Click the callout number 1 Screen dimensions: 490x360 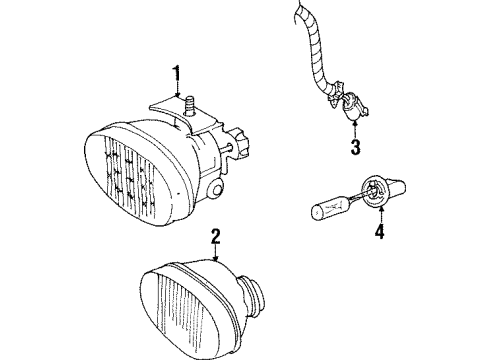click(x=176, y=72)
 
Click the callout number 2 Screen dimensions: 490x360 click(x=214, y=236)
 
